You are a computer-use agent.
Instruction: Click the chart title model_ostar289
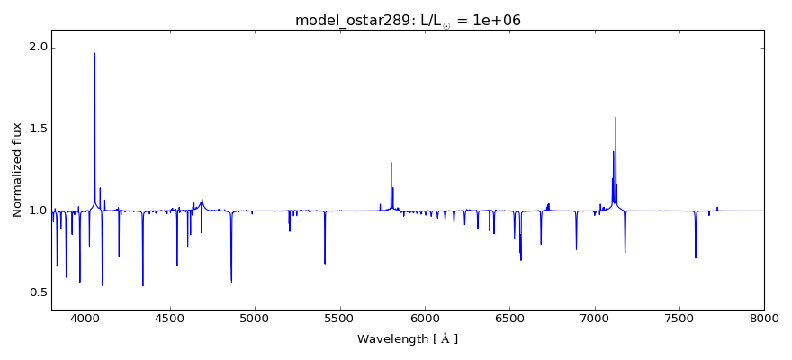click(408, 20)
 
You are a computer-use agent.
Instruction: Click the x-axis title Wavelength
click(408, 339)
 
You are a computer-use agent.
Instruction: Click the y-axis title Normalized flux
click(17, 170)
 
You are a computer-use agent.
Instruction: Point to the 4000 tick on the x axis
click(85, 317)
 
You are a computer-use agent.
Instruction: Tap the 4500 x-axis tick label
click(170, 317)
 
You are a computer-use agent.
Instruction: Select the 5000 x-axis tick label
click(255, 317)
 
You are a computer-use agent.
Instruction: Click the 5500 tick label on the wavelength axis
click(339, 317)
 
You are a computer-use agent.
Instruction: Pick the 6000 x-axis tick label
click(425, 317)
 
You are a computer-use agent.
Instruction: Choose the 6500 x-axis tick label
click(509, 317)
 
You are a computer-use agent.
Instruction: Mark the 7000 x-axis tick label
click(595, 317)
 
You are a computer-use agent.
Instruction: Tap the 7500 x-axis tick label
click(679, 317)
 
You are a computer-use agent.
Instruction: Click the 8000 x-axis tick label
click(764, 317)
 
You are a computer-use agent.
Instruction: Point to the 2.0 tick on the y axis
click(40, 48)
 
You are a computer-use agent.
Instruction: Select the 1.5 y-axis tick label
click(40, 130)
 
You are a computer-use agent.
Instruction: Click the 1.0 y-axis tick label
click(40, 211)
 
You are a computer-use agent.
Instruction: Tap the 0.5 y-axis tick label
click(40, 292)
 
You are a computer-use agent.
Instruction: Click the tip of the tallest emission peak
click(94, 53)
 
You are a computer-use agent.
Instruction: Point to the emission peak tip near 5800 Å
click(391, 162)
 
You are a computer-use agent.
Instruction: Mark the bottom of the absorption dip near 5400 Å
click(325, 264)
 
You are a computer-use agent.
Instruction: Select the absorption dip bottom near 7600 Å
click(696, 258)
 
